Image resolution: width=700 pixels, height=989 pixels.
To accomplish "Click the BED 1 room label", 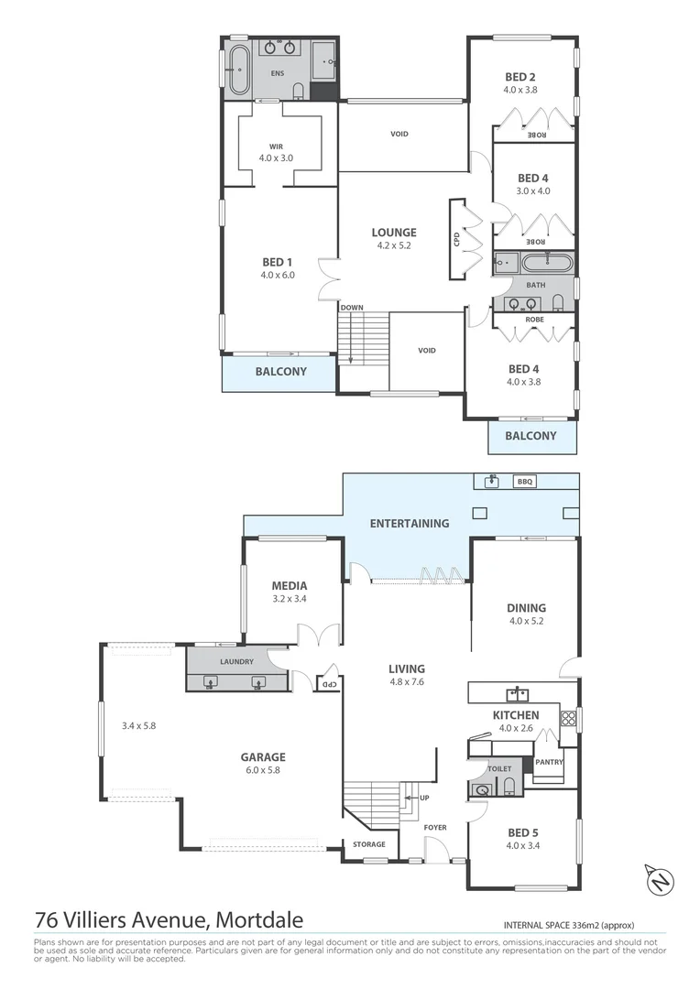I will [x=278, y=262].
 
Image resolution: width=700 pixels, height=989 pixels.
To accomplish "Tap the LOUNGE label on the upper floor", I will [x=394, y=233].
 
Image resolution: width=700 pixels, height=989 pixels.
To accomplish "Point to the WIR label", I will [x=277, y=147].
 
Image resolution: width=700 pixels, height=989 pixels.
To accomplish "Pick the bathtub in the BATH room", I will [x=546, y=265].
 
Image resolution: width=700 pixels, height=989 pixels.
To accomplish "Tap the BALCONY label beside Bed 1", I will [x=280, y=372].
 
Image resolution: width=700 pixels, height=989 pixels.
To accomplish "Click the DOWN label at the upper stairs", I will [x=351, y=308].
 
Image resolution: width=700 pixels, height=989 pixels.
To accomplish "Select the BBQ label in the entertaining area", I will [x=524, y=481].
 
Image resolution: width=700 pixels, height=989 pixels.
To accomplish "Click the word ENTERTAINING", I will [x=410, y=524].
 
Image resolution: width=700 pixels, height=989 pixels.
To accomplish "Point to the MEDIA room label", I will [x=289, y=586].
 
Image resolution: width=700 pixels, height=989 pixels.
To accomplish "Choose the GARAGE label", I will [x=263, y=757].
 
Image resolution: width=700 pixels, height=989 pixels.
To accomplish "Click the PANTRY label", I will [x=550, y=762].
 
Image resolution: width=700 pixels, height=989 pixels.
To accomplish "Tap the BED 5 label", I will [x=522, y=832].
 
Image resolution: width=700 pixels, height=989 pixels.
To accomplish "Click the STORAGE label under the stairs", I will [x=369, y=844].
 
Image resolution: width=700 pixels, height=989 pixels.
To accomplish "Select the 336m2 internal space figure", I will [x=584, y=924].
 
